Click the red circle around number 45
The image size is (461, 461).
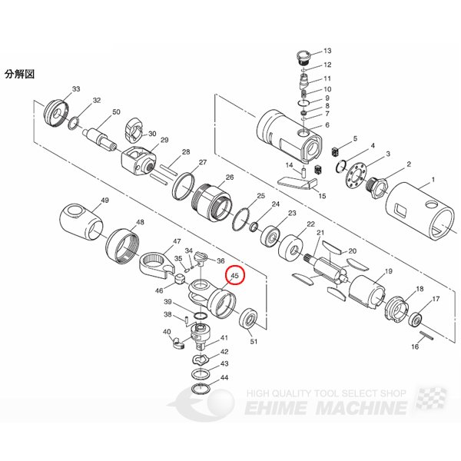[x=234, y=274]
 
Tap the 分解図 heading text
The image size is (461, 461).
[x=20, y=75]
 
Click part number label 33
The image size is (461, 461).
[x=76, y=90]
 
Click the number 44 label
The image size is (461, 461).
[x=224, y=378]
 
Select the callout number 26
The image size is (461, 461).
[x=229, y=177]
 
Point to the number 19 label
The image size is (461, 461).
[x=388, y=272]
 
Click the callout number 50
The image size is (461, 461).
[x=116, y=113]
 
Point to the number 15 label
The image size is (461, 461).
[x=322, y=196]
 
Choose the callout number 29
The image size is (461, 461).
[x=164, y=140]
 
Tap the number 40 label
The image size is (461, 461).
[x=166, y=332]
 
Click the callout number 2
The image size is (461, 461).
[x=409, y=164]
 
